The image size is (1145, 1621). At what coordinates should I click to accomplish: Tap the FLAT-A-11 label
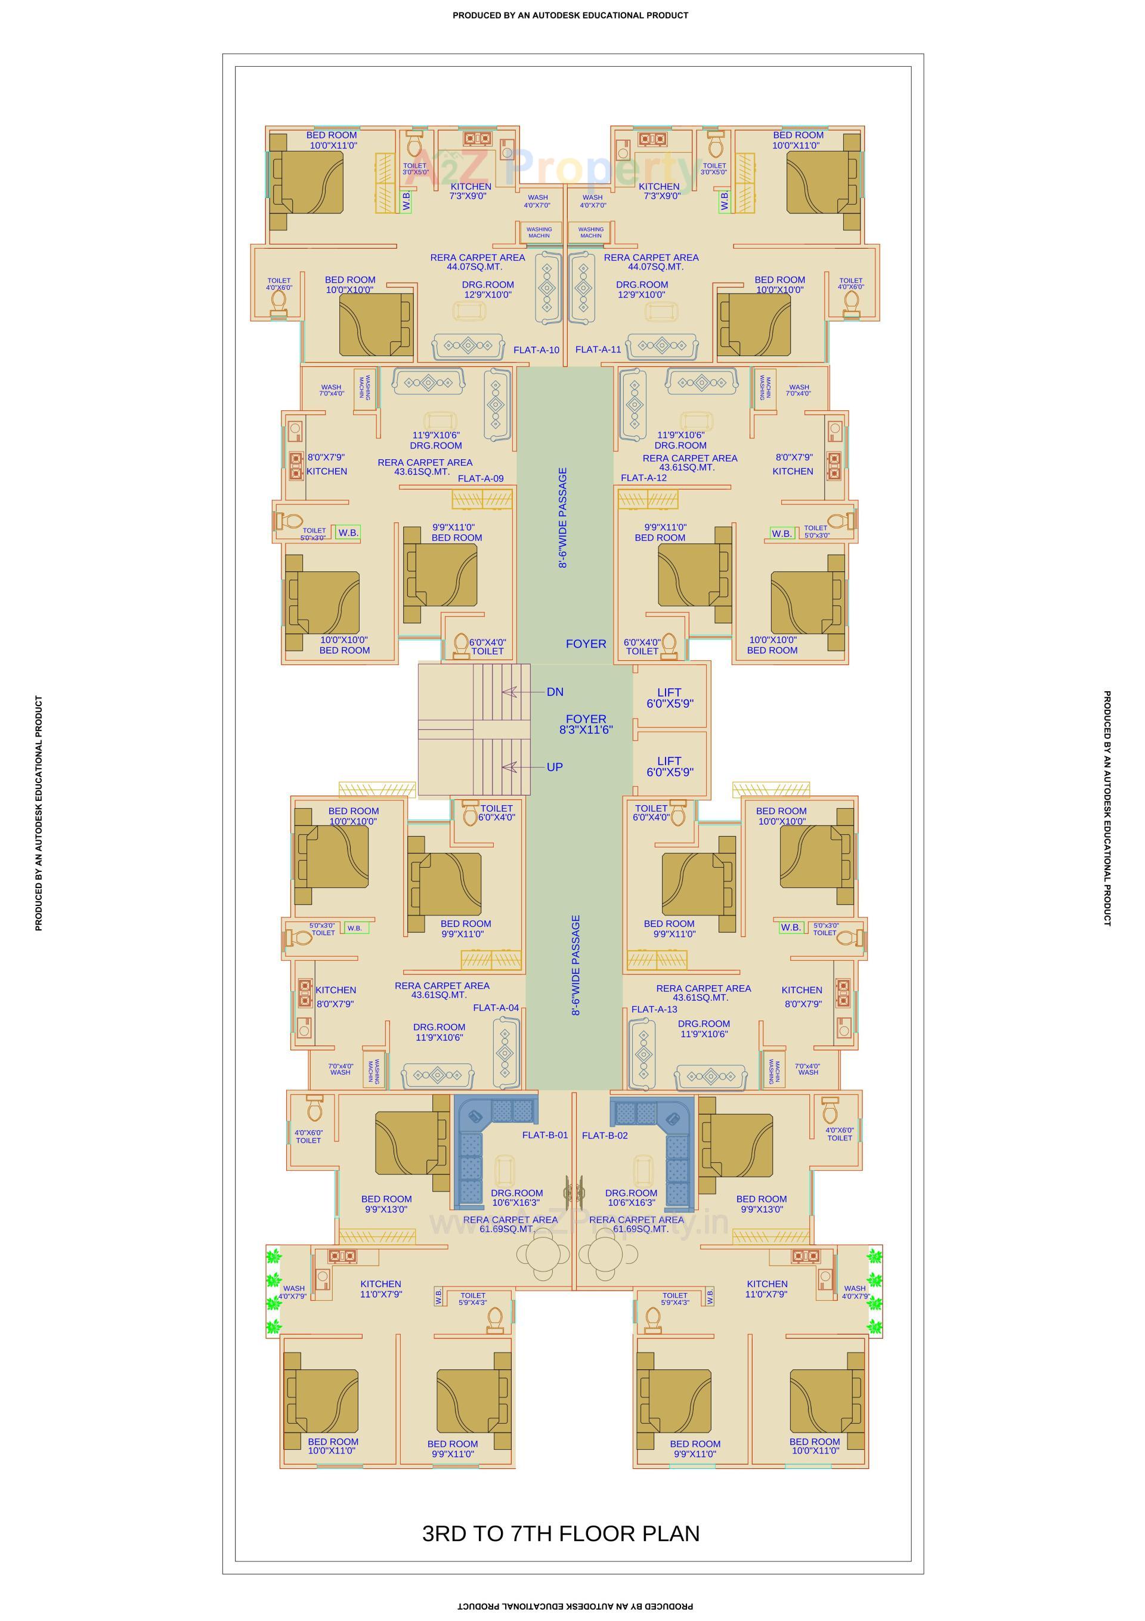[598, 349]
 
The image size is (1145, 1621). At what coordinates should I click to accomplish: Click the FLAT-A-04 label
[496, 1007]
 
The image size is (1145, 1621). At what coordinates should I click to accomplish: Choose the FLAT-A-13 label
[654, 1009]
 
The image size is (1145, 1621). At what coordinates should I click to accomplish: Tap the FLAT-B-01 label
[544, 1136]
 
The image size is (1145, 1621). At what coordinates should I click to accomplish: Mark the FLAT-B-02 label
[604, 1136]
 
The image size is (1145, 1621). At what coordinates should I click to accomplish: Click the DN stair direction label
[555, 692]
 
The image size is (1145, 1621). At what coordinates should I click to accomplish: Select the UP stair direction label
[555, 767]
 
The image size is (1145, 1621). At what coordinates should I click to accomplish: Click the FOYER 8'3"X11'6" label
[586, 725]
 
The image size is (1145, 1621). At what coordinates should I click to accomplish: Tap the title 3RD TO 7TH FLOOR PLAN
[561, 1533]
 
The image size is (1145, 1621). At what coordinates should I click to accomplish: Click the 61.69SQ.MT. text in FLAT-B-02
[640, 1229]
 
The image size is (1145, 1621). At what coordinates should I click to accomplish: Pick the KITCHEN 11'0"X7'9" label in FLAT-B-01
[380, 1289]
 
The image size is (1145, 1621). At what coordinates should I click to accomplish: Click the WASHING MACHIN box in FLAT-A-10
[539, 232]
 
